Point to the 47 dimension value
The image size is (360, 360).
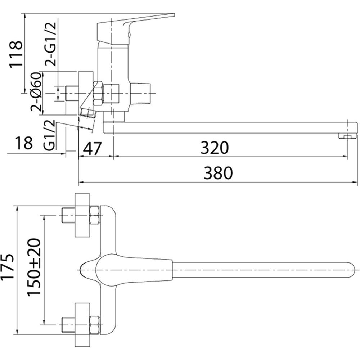pyautogui.click(x=93, y=148)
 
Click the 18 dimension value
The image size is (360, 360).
pyautogui.click(x=24, y=143)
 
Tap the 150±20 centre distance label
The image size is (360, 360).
pyautogui.click(x=35, y=267)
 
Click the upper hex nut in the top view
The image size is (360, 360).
pyautogui.click(x=94, y=215)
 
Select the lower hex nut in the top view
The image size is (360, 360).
pyautogui.click(x=94, y=324)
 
